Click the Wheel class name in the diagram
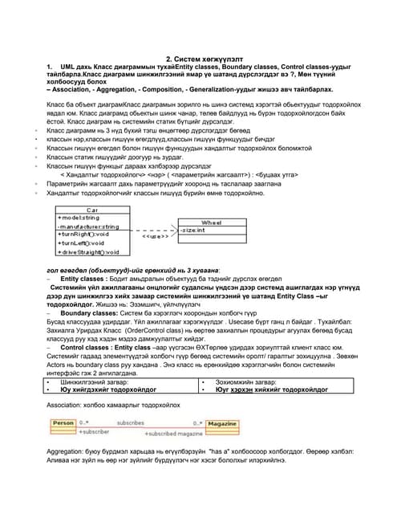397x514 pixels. click(x=211, y=222)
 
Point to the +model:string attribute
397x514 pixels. click(x=79, y=218)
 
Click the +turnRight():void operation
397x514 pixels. click(x=83, y=234)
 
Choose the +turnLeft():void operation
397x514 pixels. click(x=81, y=243)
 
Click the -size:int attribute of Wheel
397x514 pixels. click(x=192, y=230)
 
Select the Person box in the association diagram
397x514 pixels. click(x=63, y=422)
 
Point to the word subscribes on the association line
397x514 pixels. click(x=131, y=422)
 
